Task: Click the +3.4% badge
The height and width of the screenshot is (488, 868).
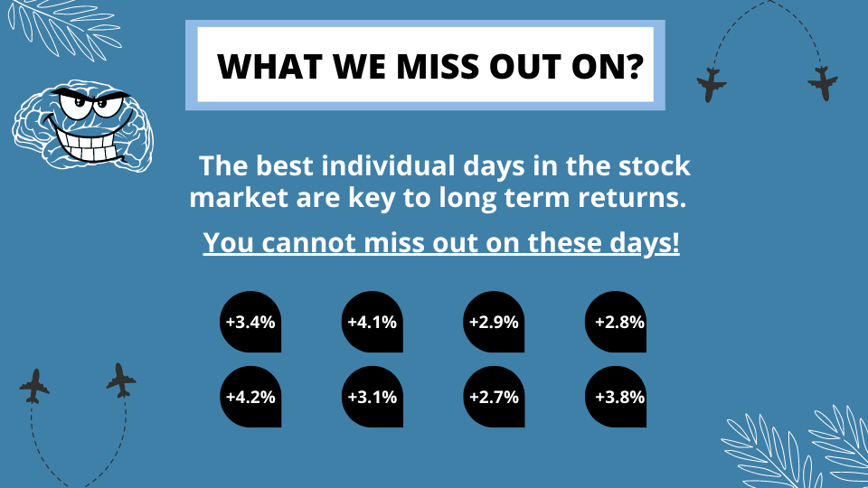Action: pyautogui.click(x=250, y=322)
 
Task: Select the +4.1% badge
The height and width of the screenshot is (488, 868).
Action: pyautogui.click(x=372, y=322)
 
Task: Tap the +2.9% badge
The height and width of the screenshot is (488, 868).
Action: pyautogui.click(x=494, y=322)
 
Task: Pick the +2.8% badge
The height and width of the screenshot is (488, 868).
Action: pyautogui.click(x=616, y=322)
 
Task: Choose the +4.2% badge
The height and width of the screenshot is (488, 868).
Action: pyautogui.click(x=250, y=397)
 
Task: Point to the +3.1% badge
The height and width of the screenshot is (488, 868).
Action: pyautogui.click(x=372, y=397)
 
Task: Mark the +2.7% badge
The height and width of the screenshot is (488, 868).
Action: pyautogui.click(x=494, y=397)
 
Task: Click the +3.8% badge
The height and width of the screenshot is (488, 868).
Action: pyautogui.click(x=616, y=397)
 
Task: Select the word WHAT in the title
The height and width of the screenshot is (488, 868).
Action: pyautogui.click(x=270, y=66)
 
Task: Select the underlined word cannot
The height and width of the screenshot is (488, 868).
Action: pyautogui.click(x=309, y=242)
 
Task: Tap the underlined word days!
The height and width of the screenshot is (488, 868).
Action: pyautogui.click(x=645, y=243)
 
